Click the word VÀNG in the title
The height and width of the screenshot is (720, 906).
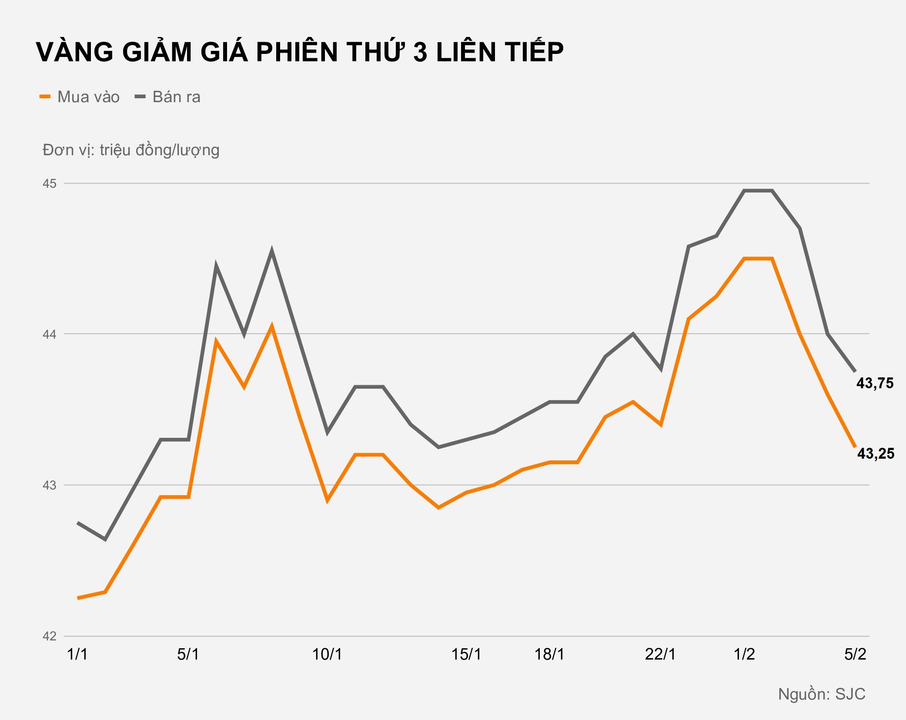pos(74,52)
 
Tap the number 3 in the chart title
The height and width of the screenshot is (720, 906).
pos(420,52)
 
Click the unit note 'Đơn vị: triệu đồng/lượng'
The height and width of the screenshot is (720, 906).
pos(131,150)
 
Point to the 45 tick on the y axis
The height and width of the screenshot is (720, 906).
pos(50,183)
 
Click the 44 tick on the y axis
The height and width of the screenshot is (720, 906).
pos(50,334)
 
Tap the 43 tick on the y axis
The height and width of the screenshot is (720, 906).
pos(50,485)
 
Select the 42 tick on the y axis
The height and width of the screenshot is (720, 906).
pos(50,636)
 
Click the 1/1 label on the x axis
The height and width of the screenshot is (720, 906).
pos(77,654)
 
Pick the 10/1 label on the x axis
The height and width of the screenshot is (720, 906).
pos(327,654)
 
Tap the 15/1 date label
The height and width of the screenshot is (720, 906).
pos(466,654)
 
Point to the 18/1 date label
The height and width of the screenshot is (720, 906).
pos(549,654)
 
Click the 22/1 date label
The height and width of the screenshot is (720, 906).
pos(660,654)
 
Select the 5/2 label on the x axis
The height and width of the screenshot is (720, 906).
pos(855,654)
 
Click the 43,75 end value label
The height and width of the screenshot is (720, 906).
pos(875,383)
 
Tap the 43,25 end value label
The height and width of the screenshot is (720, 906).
pos(876,453)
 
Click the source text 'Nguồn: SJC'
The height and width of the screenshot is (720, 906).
pos(822,694)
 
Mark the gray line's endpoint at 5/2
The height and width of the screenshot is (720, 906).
pos(855,371)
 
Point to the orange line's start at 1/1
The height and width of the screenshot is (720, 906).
pos(78,598)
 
